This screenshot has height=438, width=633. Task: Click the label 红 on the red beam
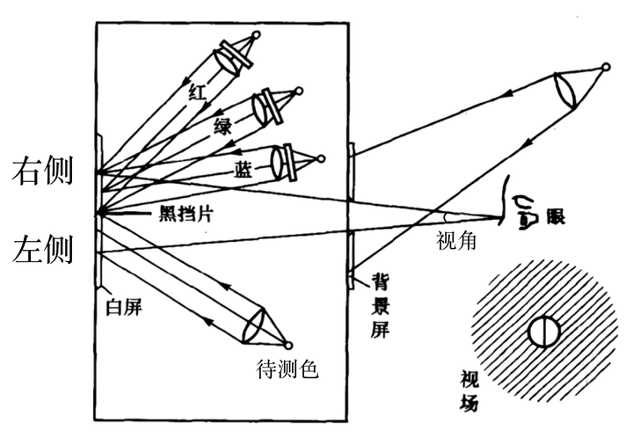196,90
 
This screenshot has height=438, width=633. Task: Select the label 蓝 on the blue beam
244,166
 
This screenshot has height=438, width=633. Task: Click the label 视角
455,240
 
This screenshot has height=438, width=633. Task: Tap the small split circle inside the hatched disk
542,332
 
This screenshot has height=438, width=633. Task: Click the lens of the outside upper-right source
566,91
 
